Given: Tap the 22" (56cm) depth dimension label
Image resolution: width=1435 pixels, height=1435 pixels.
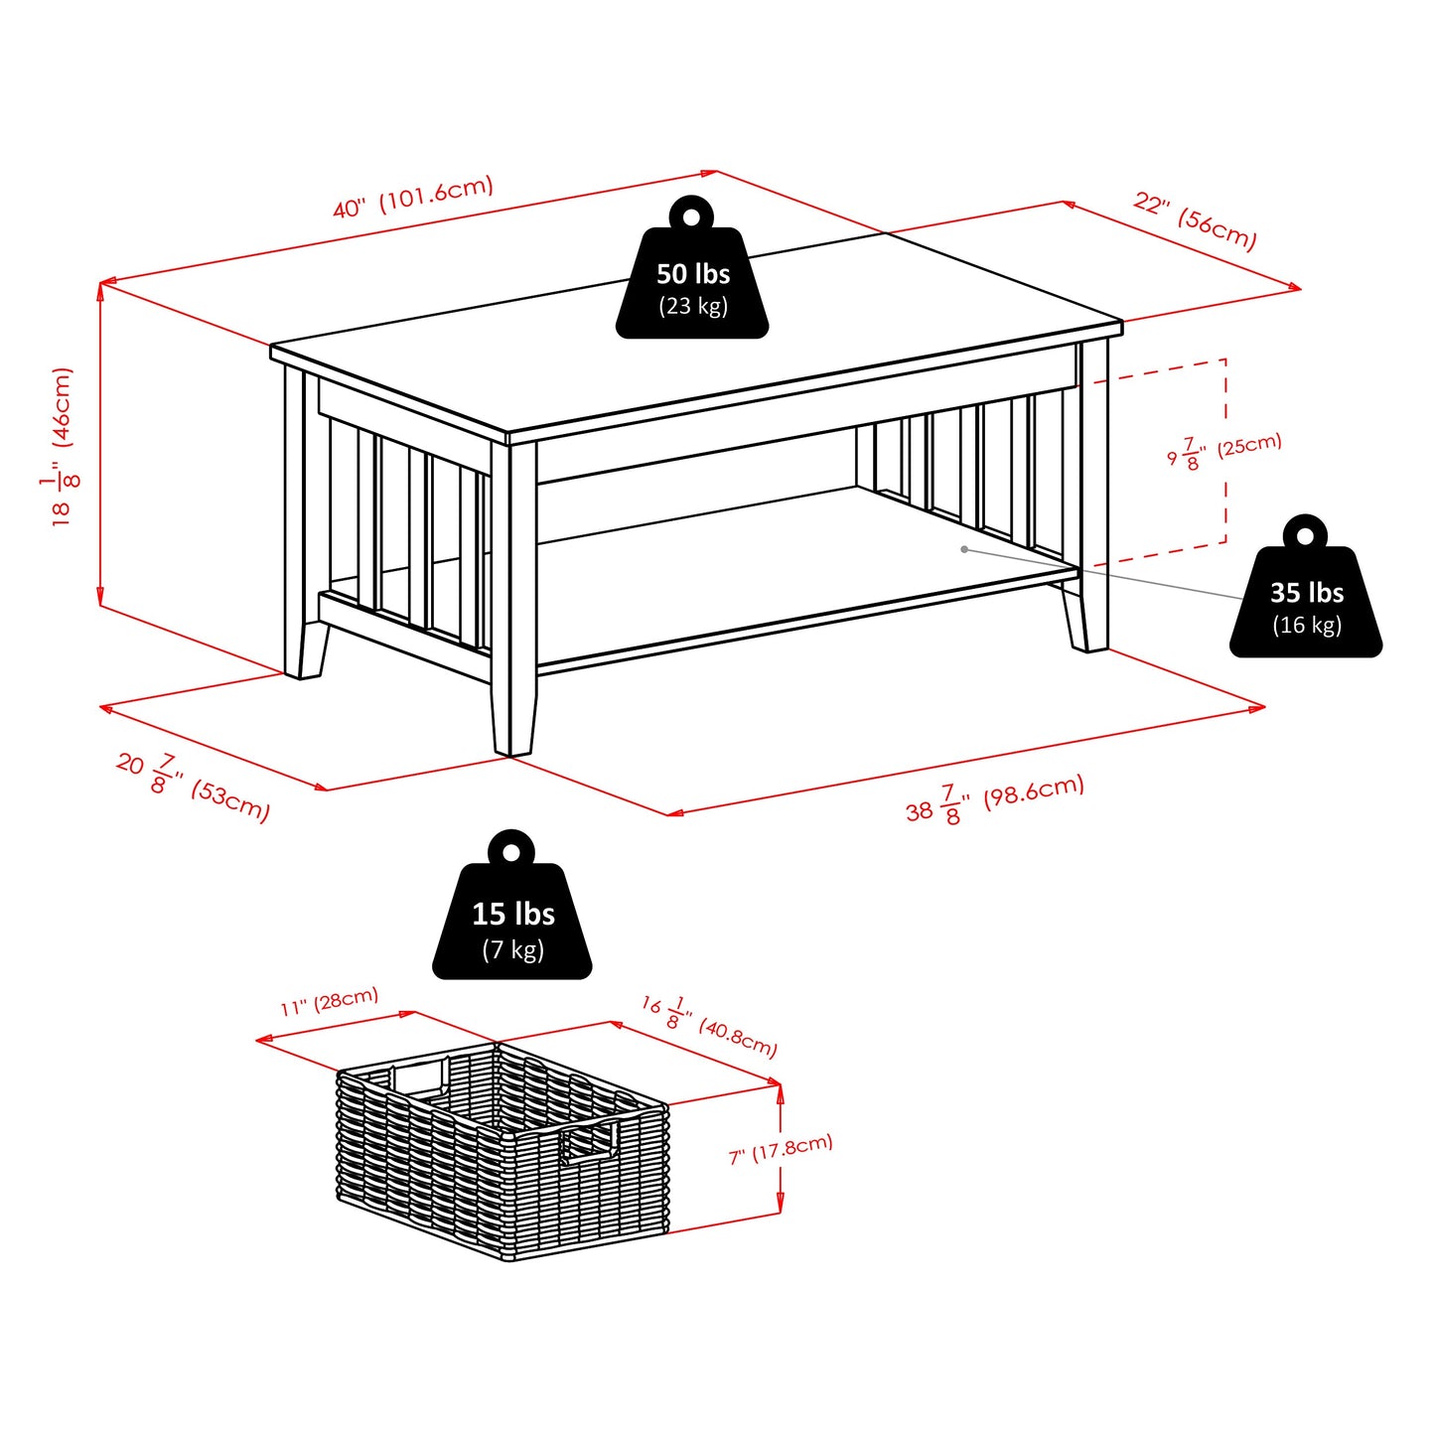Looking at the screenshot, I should coord(1196,220).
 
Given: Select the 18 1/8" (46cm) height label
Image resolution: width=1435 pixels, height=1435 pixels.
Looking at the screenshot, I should coord(64,446).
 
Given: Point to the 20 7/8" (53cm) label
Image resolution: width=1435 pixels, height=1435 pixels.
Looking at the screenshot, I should coord(193,787).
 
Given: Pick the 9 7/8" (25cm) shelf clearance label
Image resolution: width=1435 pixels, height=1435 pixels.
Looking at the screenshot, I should coord(1223,451).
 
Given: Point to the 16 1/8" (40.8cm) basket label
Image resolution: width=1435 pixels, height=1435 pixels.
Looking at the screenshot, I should coord(709,1026).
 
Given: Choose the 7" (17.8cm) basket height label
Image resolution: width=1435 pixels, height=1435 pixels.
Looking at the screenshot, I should coord(781,1150).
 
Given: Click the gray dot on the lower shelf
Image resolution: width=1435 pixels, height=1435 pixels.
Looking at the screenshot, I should coord(964,549).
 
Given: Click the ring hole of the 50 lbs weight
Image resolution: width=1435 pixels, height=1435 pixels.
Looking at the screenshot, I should coord(692,215).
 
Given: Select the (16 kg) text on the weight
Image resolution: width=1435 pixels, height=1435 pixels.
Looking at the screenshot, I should coord(1306,625).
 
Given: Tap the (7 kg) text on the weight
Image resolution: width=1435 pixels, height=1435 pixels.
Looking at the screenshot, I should coord(512,949).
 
